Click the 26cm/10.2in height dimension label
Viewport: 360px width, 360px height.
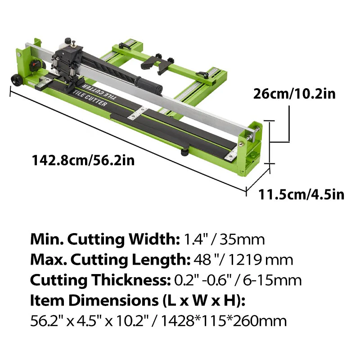pyautogui.click(x=294, y=94)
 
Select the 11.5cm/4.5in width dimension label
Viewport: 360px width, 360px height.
pyautogui.click(x=301, y=194)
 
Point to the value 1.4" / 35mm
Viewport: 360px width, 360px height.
pyautogui.click(x=223, y=239)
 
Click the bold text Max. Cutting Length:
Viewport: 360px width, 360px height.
pyautogui.click(x=108, y=260)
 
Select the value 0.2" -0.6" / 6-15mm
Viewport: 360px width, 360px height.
pyautogui.click(x=238, y=280)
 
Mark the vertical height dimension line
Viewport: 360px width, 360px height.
pyautogui.click(x=269, y=142)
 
